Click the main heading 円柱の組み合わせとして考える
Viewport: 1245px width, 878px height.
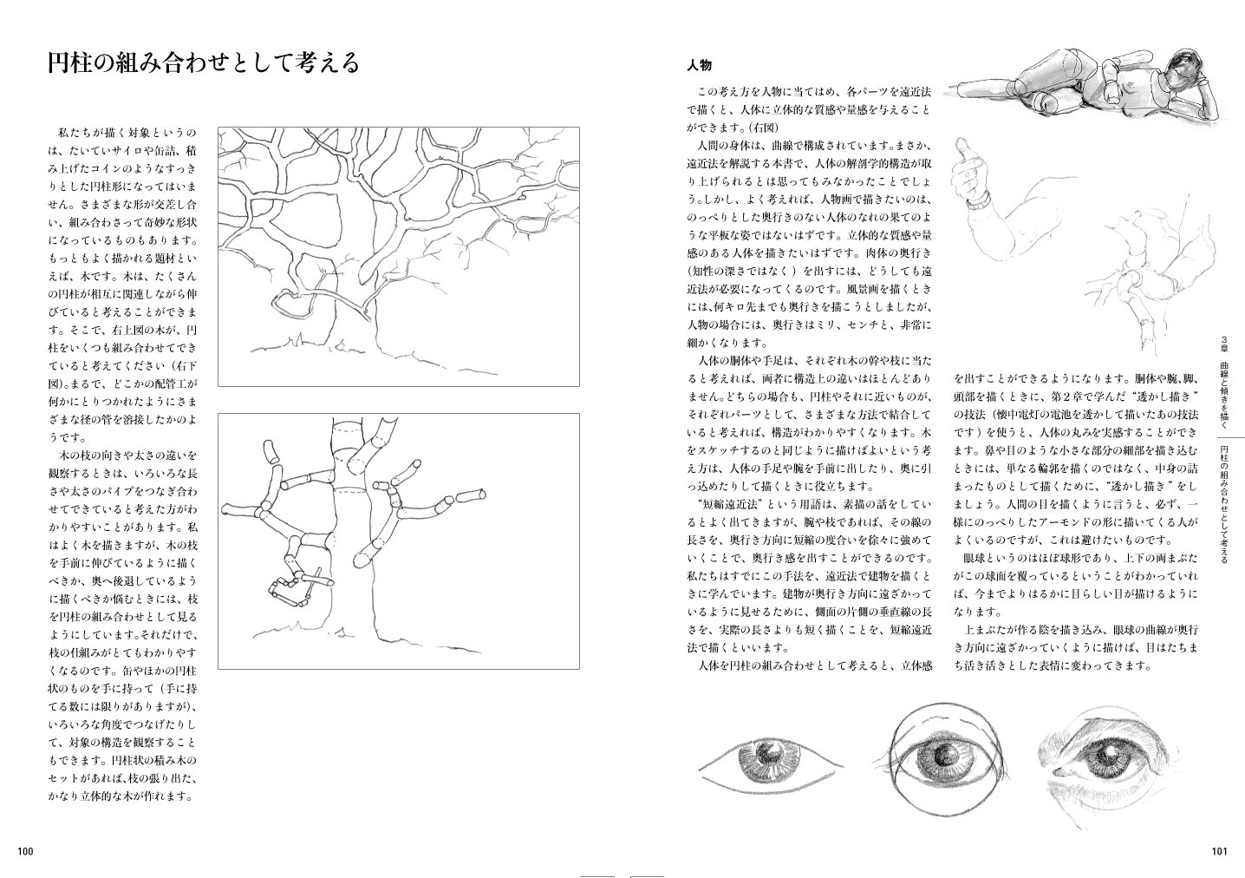(x=204, y=63)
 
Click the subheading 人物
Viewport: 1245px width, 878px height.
(x=699, y=66)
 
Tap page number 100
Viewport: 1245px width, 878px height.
(x=25, y=851)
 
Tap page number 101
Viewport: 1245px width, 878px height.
(x=1219, y=851)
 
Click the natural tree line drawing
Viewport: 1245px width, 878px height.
(x=399, y=256)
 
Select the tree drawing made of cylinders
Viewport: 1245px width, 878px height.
(x=399, y=541)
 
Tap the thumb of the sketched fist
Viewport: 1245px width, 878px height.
(x=961, y=149)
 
